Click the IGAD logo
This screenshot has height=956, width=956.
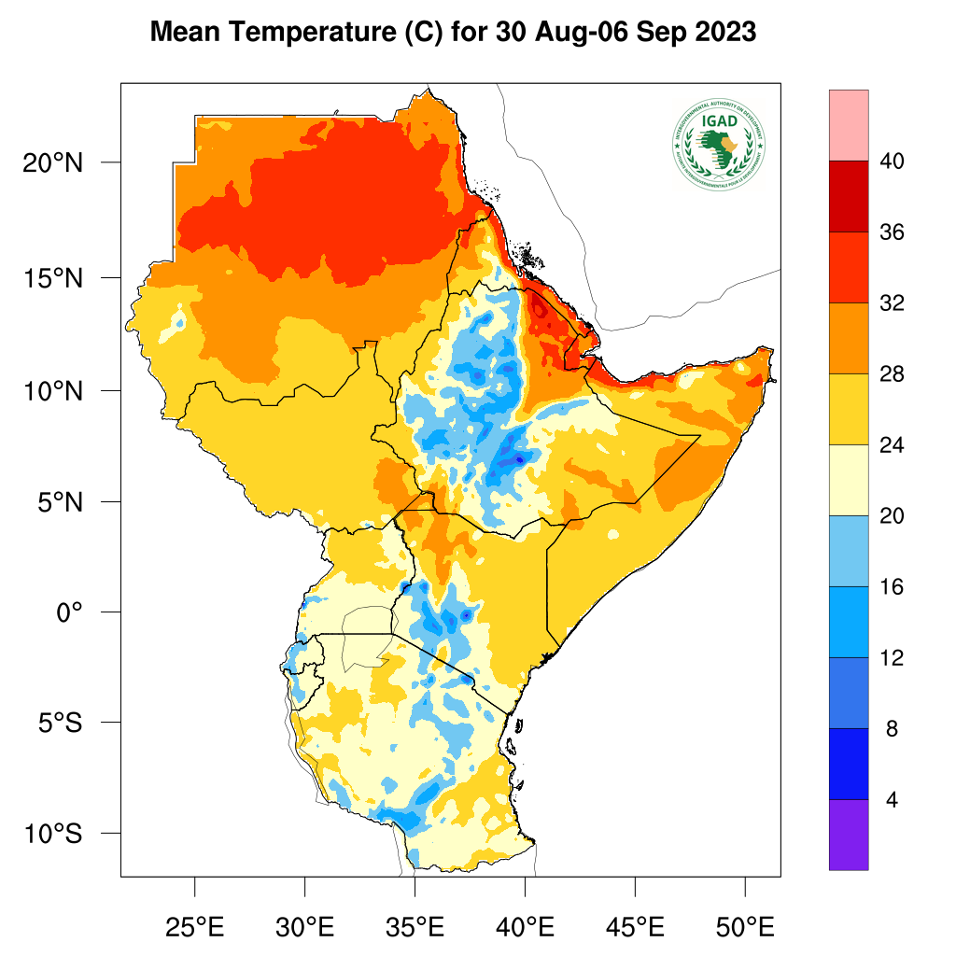(x=717, y=142)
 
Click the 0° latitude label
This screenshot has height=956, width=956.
(x=69, y=612)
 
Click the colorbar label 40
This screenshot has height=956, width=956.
(x=892, y=162)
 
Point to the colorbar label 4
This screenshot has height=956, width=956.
(x=892, y=801)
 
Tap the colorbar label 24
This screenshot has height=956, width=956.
(x=892, y=445)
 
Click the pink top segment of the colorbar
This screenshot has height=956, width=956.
(x=849, y=125)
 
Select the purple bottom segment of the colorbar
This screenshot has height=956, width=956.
(x=849, y=835)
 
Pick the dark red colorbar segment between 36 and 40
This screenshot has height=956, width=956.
(x=849, y=196)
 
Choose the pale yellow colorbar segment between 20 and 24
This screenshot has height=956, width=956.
(x=849, y=480)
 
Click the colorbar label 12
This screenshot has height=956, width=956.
(x=892, y=658)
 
